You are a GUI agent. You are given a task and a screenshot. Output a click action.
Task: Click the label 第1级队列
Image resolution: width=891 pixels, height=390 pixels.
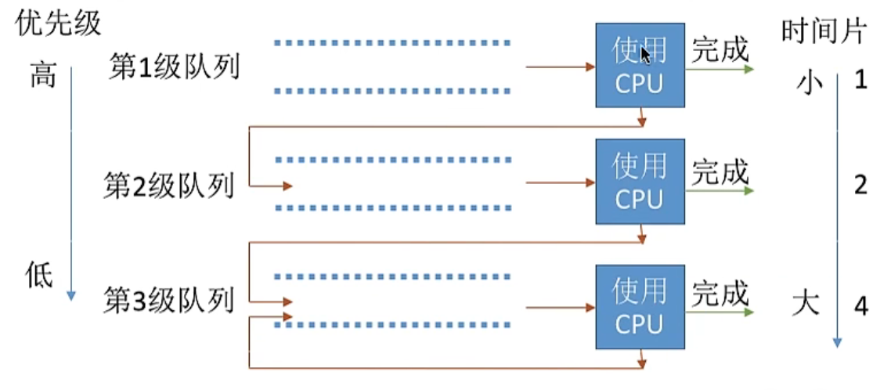coord(174,69)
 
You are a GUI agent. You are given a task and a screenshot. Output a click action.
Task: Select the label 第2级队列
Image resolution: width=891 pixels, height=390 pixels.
coord(169,186)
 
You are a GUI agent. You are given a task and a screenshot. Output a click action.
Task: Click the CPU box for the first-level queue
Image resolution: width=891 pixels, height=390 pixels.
coord(640,66)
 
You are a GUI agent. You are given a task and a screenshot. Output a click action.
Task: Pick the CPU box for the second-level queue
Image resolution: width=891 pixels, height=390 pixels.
coord(640,182)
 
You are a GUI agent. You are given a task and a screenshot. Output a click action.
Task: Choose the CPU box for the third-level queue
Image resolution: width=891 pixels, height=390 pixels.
coord(640,306)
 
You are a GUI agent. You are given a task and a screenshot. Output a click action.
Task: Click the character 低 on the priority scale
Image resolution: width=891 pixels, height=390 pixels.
coord(41,276)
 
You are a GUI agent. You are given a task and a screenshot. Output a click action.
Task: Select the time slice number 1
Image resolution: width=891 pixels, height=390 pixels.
coord(861,80)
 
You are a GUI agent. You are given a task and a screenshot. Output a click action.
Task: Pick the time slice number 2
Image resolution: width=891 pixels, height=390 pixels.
coord(861,186)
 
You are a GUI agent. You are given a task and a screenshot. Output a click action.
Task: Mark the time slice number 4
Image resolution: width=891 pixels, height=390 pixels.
coord(861,306)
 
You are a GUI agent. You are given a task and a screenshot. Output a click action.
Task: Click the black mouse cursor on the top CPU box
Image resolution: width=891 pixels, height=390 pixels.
coord(645,55)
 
